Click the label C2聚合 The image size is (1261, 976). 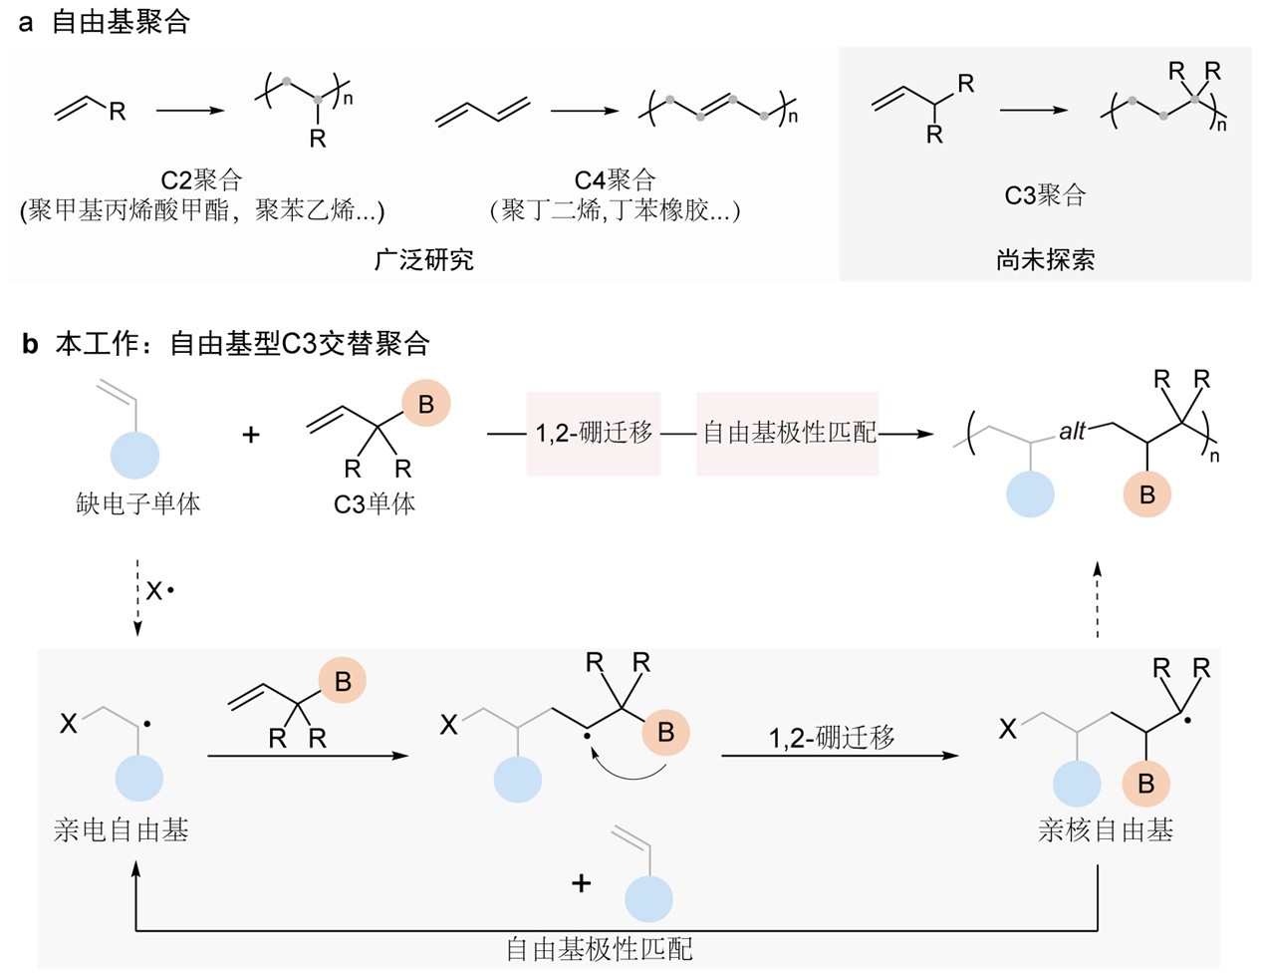coord(202,180)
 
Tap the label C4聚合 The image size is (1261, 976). coord(616,180)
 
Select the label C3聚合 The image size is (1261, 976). coord(1045,195)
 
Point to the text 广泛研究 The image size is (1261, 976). coord(424,260)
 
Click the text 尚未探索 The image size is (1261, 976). coord(1045,260)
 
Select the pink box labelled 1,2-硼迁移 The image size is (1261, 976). coord(594,433)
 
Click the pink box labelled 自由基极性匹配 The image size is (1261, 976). coord(788,433)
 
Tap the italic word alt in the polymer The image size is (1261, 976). coord(1072,432)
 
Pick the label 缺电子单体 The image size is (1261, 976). coord(138,503)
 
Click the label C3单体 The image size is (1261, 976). coord(375,503)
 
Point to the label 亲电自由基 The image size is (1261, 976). coord(122,829)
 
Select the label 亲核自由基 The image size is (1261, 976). coord(1106,829)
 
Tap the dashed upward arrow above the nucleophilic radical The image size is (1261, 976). coord(1097,598)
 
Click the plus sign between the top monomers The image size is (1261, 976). coord(251,435)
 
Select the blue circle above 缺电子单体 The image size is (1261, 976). coord(133,455)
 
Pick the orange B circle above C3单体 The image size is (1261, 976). coord(425,405)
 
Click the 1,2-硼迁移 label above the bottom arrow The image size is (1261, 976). coord(832,738)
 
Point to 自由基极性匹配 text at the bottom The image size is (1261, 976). coord(599,949)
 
